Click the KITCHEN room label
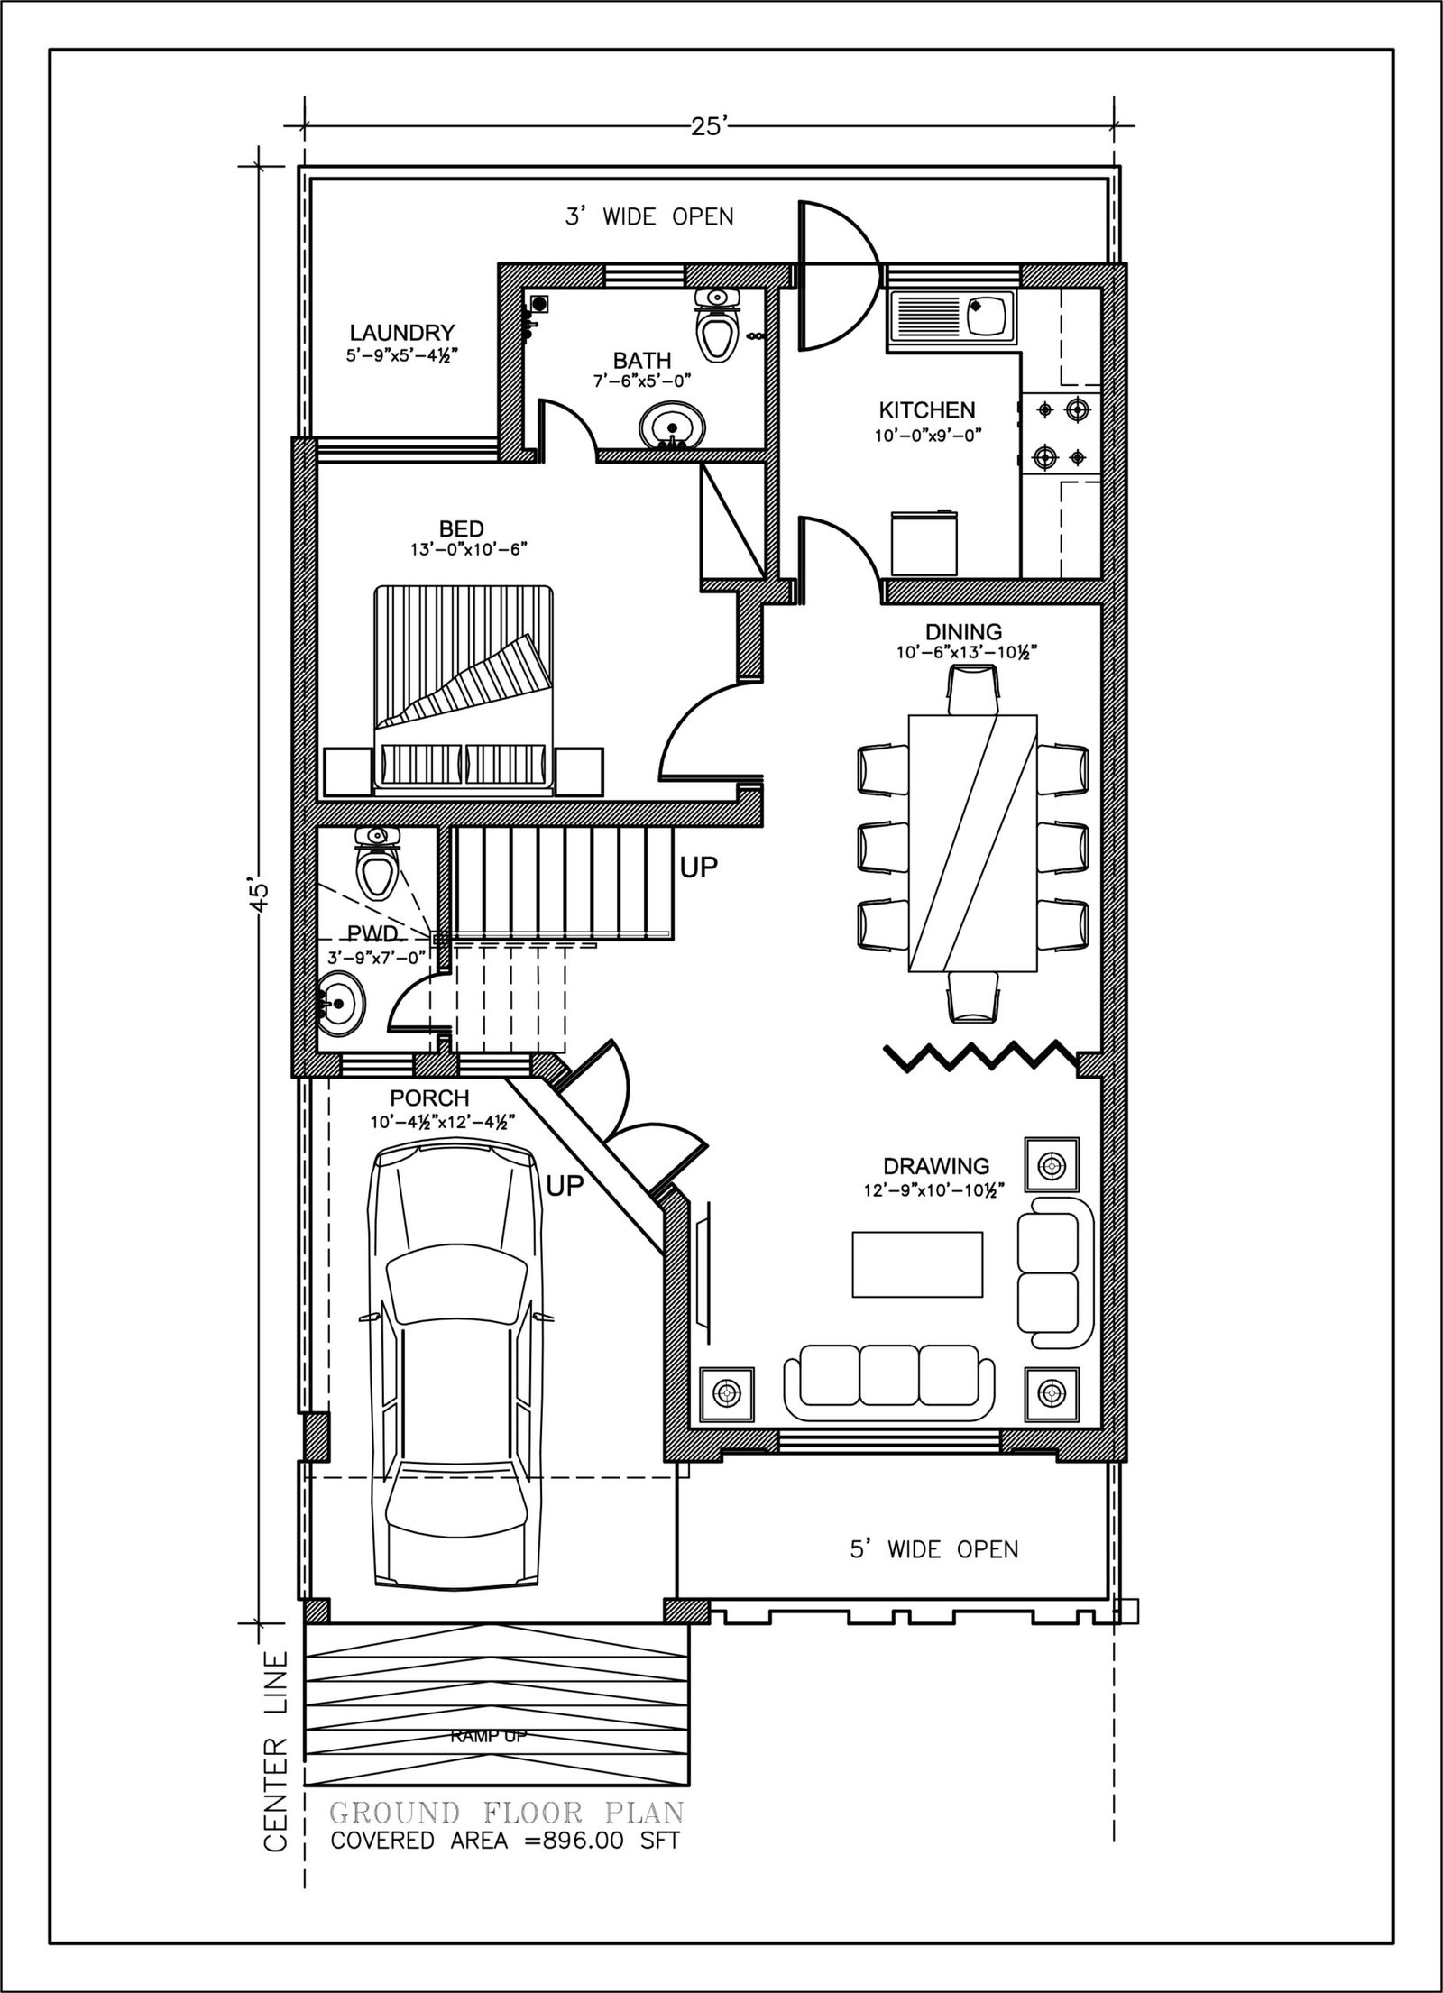coord(927,410)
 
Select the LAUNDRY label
coord(401,333)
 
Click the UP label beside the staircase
coord(699,868)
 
